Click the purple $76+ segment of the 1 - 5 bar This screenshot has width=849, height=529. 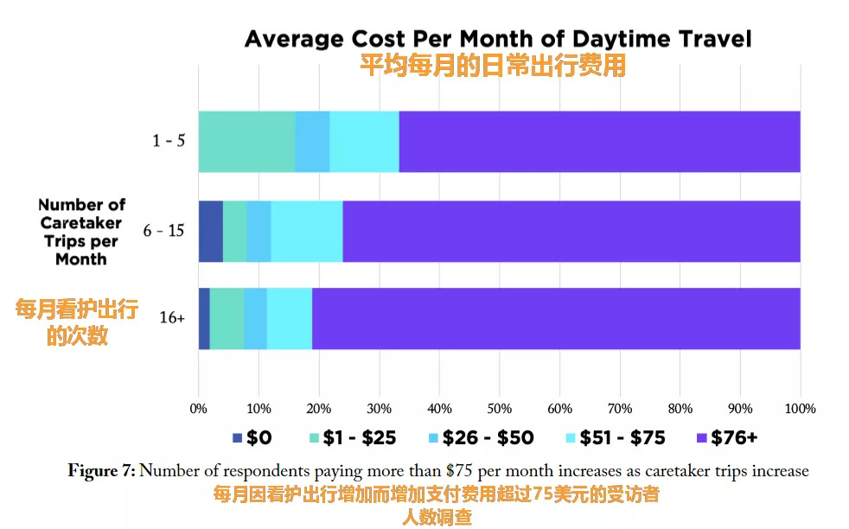(x=599, y=141)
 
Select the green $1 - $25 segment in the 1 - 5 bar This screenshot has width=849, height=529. (x=246, y=141)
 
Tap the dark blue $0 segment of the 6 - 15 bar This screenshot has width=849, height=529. (x=211, y=231)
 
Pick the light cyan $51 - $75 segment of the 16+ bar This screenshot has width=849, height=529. (x=290, y=318)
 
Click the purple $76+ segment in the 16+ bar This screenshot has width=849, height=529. (x=556, y=318)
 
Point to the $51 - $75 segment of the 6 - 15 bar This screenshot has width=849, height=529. (x=307, y=231)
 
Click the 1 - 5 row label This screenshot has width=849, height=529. (x=169, y=141)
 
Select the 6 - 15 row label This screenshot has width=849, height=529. (x=164, y=231)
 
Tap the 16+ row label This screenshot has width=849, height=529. (x=172, y=318)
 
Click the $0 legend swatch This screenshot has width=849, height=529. (x=238, y=438)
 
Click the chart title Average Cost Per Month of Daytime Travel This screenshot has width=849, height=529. (x=498, y=39)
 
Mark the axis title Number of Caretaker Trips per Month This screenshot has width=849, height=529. (x=81, y=232)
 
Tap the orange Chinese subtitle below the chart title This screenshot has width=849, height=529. (x=492, y=66)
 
